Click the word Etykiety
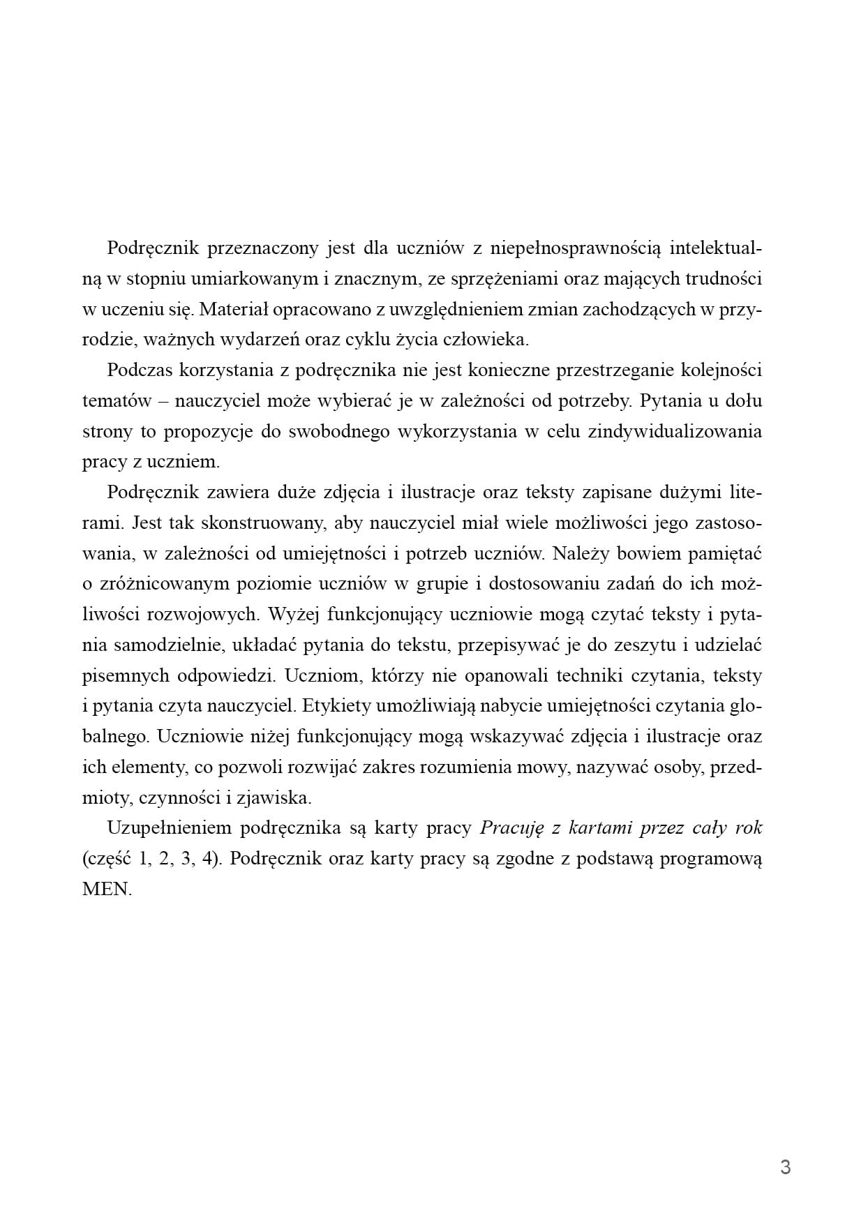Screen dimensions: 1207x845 [x=335, y=705]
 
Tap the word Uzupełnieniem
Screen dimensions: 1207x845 [x=169, y=827]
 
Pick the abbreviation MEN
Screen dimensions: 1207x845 [x=106, y=890]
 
